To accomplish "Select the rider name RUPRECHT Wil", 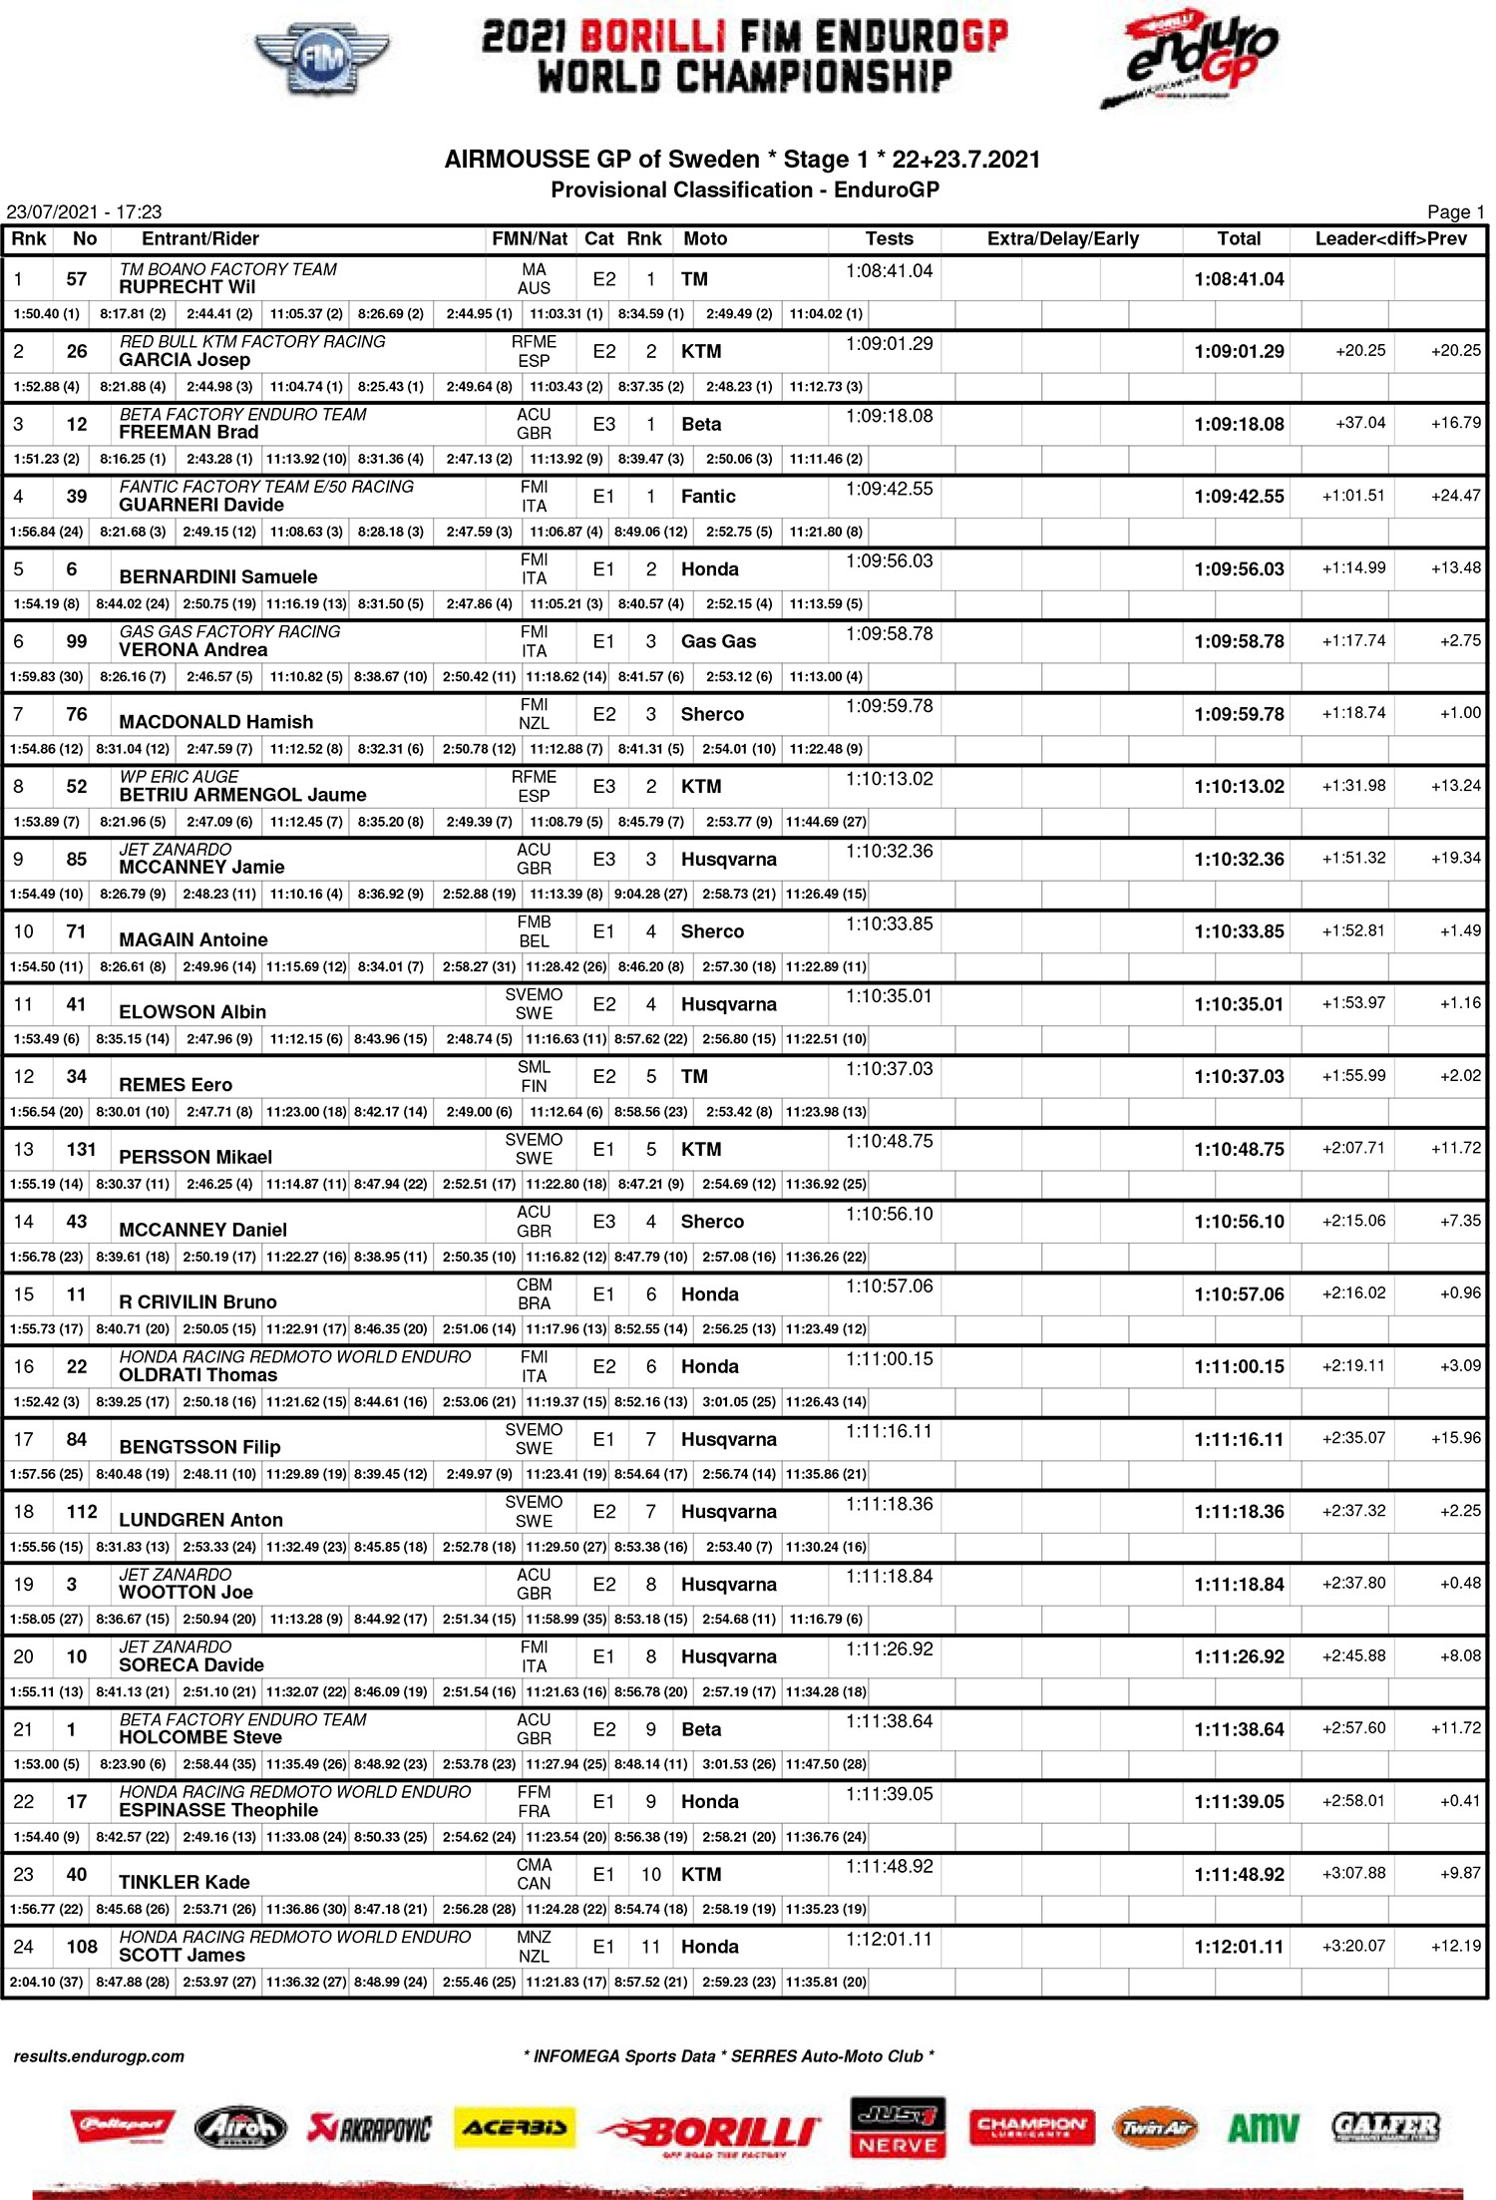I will click(x=187, y=287).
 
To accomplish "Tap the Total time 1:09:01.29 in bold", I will click(x=1239, y=352).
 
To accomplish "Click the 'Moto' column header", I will click(x=705, y=239).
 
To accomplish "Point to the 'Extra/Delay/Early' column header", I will click(x=1062, y=239).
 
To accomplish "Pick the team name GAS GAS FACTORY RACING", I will click(x=229, y=632).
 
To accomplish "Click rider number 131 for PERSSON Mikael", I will click(x=82, y=1149).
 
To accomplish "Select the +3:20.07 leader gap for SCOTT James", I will click(x=1353, y=1946).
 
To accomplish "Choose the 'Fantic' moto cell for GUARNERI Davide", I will click(x=708, y=497).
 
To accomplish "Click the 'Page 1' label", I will click(x=1455, y=211).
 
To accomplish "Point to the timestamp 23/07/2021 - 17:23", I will click(x=84, y=211).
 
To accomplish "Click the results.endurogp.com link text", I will click(x=99, y=2056).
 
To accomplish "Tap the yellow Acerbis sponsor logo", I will click(x=515, y=2127).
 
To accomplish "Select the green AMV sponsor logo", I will click(x=1263, y=2128).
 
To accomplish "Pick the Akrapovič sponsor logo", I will click(x=370, y=2129).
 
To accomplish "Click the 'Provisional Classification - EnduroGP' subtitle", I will click(x=745, y=189).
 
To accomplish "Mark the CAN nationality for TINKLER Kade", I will click(x=534, y=1884).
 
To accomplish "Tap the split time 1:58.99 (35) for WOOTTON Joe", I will click(x=565, y=1620).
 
